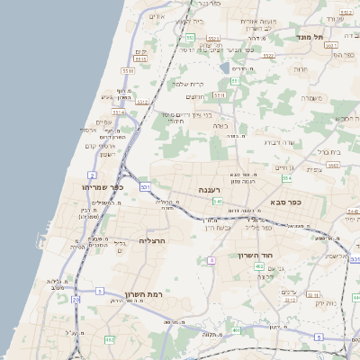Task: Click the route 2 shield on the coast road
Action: pos(93,174)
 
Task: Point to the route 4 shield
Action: pos(211,260)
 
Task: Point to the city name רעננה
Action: pos(213,191)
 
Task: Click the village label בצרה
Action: pos(220,127)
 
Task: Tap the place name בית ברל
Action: pos(331,152)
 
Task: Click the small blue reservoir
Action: pos(224,66)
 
